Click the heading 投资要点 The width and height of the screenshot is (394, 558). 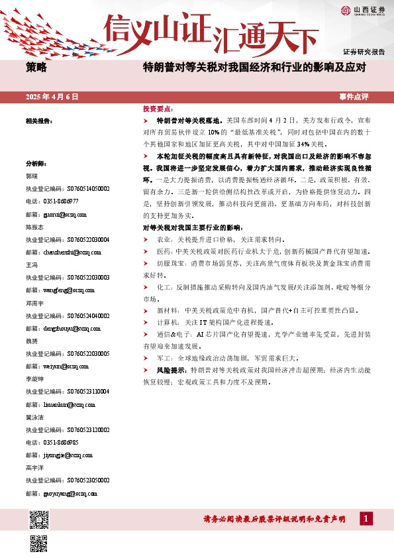(158, 109)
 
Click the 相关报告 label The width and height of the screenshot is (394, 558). (38, 121)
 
